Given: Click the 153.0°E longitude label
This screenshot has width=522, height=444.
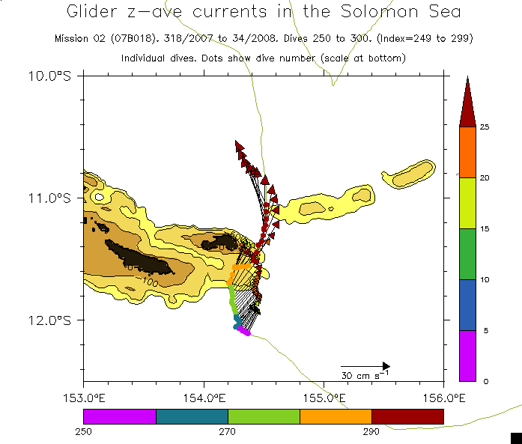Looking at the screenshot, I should [x=83, y=397].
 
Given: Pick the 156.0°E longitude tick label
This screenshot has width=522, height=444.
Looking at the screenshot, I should [x=443, y=397].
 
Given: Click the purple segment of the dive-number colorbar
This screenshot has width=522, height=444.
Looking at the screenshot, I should [x=119, y=416].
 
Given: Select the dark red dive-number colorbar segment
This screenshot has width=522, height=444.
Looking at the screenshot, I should [x=407, y=416].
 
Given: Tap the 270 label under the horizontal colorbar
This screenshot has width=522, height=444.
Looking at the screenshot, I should [x=227, y=431].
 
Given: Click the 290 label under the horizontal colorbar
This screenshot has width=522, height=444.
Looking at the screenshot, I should [x=371, y=431].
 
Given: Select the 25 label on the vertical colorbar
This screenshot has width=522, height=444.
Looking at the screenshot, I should [x=484, y=127].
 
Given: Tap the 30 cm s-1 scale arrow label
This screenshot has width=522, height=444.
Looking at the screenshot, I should [x=365, y=375].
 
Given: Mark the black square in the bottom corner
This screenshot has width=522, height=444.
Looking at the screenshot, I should [x=515, y=437].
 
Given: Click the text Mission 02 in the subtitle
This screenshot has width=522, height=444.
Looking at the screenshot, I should [x=80, y=38].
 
